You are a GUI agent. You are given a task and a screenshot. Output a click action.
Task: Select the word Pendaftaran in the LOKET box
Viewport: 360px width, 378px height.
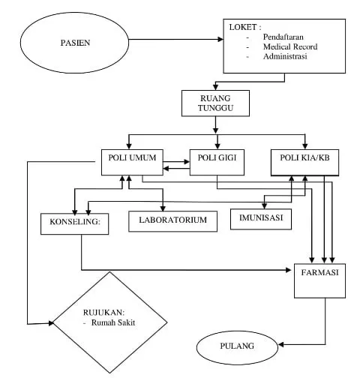pyautogui.click(x=283, y=37)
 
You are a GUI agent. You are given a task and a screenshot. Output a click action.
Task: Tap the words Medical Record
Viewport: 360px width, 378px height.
pyautogui.click(x=290, y=46)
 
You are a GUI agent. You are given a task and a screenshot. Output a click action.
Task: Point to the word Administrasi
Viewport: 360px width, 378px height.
pyautogui.click(x=285, y=56)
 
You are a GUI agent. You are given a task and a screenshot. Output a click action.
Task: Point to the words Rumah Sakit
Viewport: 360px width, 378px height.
pyautogui.click(x=113, y=322)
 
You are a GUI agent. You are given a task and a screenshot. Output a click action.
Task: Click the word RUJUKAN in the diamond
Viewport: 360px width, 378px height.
pyautogui.click(x=103, y=313)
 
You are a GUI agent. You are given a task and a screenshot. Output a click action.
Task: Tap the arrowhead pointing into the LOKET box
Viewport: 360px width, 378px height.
pyautogui.click(x=220, y=39)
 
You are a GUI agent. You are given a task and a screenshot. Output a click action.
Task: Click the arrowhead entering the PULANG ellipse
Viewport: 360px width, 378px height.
pyautogui.click(x=281, y=345)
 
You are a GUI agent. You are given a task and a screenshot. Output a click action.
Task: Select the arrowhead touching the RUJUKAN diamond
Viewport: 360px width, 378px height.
pyautogui.click(x=51, y=323)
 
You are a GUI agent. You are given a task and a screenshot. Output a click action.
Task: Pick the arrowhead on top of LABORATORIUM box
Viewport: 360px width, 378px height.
pyautogui.click(x=163, y=208)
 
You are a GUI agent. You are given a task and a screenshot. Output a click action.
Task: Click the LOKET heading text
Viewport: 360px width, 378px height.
pyautogui.click(x=245, y=27)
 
